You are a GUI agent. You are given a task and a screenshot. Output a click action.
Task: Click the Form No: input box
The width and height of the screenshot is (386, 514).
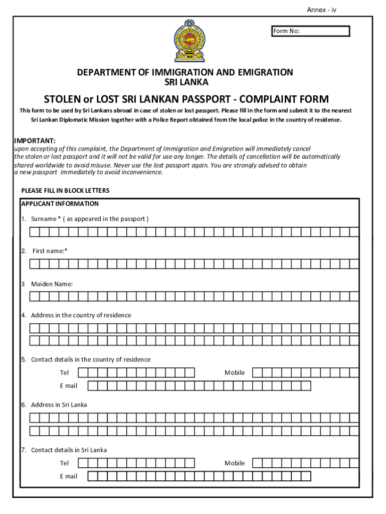pos(310,32)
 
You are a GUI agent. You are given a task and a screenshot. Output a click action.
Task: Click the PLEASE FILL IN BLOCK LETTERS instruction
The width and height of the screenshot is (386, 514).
pos(65,191)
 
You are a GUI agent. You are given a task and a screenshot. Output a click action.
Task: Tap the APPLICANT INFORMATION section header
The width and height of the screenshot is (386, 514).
pos(60,204)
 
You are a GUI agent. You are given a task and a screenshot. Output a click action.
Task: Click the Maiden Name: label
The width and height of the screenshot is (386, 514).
pos(52,284)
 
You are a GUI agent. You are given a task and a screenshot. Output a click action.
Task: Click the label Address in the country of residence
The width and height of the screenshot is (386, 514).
pos(81,315)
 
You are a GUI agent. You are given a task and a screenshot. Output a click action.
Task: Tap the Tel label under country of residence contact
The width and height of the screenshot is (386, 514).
pos(64,373)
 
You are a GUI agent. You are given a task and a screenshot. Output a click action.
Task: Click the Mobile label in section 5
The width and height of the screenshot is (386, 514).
pos(235,372)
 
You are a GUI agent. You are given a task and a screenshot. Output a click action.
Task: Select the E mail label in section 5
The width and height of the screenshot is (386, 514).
pos(69,385)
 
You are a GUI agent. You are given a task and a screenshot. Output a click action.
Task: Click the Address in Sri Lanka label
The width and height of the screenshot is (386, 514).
pos(59,405)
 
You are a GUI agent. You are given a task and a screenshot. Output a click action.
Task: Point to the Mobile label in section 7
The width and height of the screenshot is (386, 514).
pos(235,463)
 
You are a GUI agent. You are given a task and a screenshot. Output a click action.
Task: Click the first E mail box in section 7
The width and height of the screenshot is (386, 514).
pos(93,476)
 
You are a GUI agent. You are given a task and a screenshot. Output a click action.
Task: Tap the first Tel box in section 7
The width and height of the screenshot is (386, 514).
pos(83,463)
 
